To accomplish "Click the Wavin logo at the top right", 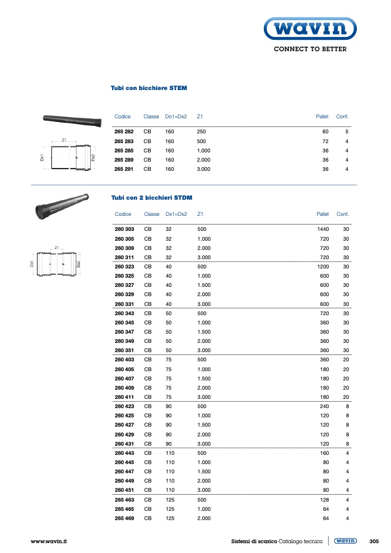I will point(310,28).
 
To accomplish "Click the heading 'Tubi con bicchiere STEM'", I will point(149,88).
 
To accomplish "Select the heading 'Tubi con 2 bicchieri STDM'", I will point(151,197).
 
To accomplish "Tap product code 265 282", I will point(124,132).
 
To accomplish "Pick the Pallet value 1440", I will point(323,229).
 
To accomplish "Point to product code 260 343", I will point(124,313).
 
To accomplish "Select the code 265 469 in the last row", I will point(124,518).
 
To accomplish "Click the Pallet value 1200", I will point(323,266).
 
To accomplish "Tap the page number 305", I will point(374,541).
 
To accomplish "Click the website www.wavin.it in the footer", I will point(49,541).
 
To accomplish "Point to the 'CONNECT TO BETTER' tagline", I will point(310,49).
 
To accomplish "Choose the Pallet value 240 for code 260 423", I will point(325,406).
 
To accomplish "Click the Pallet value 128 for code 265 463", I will point(325,499).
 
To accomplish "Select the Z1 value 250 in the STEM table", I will point(202,132).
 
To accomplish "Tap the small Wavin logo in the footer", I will point(345,541).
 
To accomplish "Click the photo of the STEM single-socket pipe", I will point(72,120).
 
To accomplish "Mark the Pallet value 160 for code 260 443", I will point(325,453).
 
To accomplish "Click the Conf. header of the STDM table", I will point(342,214).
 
